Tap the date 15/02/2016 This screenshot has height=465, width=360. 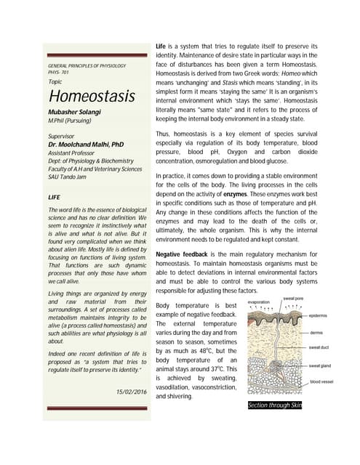tap(131, 392)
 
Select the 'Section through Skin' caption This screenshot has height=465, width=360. tap(275, 405)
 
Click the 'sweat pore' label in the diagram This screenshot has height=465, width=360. tap(294, 299)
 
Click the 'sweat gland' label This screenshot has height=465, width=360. tap(324, 367)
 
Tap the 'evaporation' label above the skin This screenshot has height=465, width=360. tap(260, 302)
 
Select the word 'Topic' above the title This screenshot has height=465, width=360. tap(54, 82)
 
